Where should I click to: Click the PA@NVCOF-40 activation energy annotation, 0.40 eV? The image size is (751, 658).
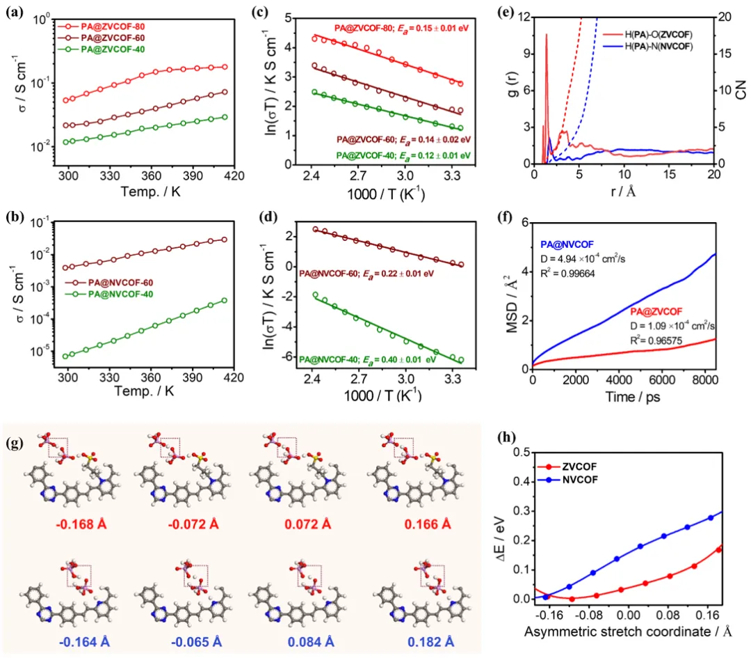coord(376,359)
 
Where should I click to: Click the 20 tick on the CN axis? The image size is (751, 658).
coord(726,17)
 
